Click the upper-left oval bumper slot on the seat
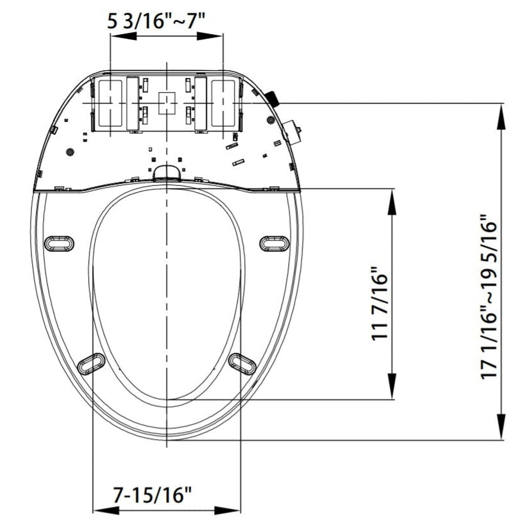point(59,243)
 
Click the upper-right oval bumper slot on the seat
point(275,243)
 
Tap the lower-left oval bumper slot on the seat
point(91,363)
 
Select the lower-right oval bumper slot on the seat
point(242,363)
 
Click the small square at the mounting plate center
point(167,103)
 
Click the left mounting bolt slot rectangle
point(110,103)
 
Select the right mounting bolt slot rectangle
point(223,103)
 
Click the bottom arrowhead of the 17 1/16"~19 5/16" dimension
point(501,427)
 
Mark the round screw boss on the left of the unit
point(69,152)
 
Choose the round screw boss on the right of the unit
point(270,120)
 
